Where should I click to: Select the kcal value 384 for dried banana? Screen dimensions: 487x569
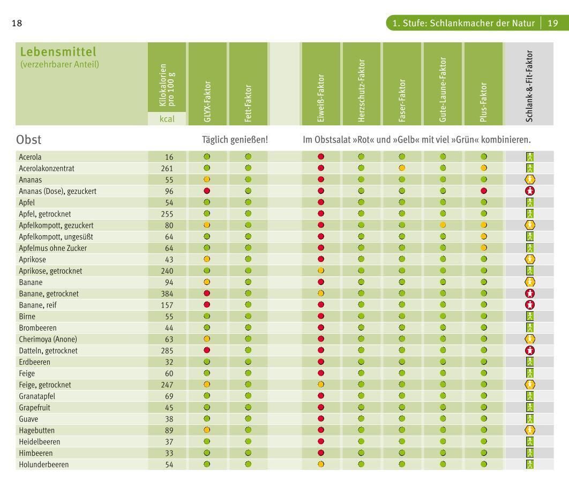click(168, 294)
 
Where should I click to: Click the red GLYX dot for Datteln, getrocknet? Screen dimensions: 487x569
click(207, 350)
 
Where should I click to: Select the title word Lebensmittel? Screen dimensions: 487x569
click(58, 53)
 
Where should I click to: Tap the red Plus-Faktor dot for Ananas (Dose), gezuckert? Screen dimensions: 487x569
click(484, 191)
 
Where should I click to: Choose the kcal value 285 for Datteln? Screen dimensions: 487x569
click(168, 350)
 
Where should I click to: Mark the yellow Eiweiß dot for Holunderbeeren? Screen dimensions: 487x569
click(321, 464)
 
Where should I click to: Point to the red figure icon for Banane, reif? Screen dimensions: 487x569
click(529, 305)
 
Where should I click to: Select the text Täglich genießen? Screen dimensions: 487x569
click(235, 140)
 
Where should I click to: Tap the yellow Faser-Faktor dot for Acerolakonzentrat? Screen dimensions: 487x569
click(402, 168)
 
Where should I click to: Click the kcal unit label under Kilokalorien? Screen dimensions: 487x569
click(168, 119)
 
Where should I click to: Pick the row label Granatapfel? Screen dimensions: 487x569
click(39, 396)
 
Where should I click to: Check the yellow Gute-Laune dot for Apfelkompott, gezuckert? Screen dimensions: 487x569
click(443, 225)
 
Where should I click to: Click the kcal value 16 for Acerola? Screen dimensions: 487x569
click(169, 157)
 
